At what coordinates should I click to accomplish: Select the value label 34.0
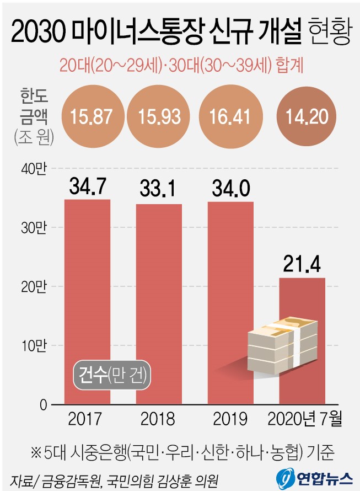(x=230, y=189)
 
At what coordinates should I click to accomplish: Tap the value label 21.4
(x=302, y=264)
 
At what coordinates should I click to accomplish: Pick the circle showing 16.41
(x=230, y=117)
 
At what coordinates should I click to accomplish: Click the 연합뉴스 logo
(x=314, y=476)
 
